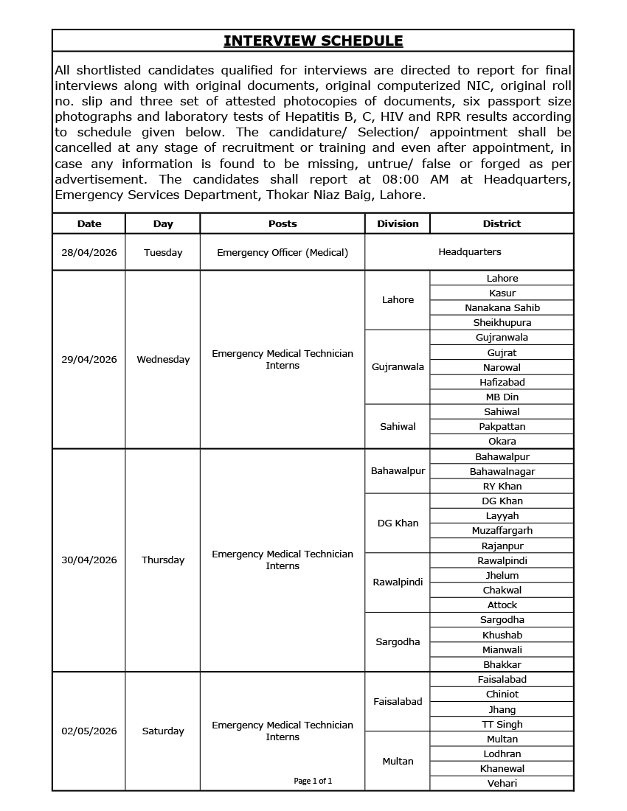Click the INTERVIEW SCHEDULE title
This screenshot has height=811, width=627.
tap(313, 41)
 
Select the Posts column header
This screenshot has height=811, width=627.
tap(283, 223)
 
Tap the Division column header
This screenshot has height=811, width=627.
tap(398, 223)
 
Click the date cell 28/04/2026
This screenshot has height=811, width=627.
tap(89, 252)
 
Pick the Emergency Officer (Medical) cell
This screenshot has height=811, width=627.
tap(283, 252)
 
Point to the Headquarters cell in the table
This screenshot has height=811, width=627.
tap(469, 252)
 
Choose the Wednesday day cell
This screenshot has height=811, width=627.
tap(163, 360)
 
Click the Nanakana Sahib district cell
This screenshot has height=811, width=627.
tap(502, 308)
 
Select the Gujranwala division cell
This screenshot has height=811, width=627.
tap(398, 367)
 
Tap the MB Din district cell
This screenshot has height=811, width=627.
tap(502, 397)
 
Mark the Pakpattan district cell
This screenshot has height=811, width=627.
tap(502, 427)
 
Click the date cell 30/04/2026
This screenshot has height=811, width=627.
tap(89, 560)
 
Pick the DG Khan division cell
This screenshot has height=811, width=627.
tap(398, 523)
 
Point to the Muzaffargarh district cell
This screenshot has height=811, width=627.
tap(502, 531)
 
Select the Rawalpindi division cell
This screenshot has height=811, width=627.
tap(398, 582)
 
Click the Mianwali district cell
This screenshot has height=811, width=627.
tap(502, 650)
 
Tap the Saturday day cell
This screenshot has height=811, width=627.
tap(163, 731)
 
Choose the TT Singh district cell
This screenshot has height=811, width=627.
tap(502, 725)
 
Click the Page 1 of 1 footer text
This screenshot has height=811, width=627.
tap(313, 781)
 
